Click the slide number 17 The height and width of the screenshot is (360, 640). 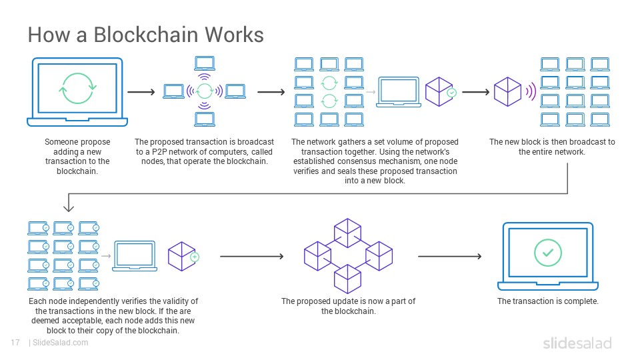[15, 343]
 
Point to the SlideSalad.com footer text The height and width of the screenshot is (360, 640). [61, 343]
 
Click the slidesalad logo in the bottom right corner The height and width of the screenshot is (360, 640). [577, 343]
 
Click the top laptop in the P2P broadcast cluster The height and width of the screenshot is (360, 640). [205, 63]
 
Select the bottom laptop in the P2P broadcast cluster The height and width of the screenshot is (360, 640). [205, 119]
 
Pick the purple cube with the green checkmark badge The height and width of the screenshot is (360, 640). [440, 92]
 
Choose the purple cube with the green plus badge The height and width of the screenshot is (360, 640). [183, 256]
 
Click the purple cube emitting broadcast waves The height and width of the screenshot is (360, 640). [507, 92]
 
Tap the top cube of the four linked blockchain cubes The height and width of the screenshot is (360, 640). [347, 233]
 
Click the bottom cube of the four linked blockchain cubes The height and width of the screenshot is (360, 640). [347, 279]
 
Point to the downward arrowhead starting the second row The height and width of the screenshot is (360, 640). [69, 208]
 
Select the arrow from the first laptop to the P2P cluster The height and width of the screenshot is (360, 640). [141, 92]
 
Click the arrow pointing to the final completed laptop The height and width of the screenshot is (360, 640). [450, 256]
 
